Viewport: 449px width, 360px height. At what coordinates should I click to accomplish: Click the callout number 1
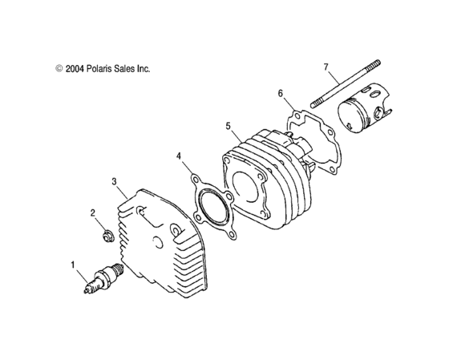(x=73, y=263)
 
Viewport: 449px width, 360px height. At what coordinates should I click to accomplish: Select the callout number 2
(x=92, y=213)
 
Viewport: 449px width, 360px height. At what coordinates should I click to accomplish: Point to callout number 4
(x=180, y=156)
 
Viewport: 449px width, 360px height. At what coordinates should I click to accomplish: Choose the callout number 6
(x=281, y=94)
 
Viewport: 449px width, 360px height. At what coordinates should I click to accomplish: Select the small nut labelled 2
(x=105, y=236)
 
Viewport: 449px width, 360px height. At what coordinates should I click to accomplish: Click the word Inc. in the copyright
(x=142, y=69)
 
